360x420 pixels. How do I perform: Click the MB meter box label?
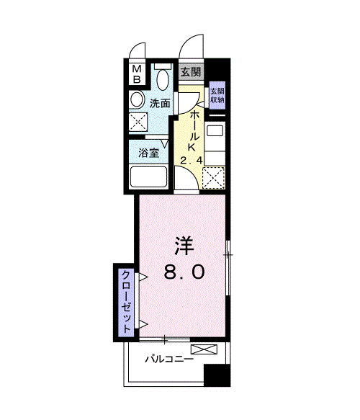(x=137, y=73)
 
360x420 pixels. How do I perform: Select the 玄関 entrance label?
(x=190, y=72)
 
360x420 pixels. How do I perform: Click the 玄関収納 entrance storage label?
(x=217, y=97)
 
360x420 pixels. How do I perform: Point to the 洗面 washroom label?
(x=160, y=103)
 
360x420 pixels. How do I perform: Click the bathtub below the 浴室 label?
(x=148, y=177)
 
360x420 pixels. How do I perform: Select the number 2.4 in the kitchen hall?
(x=190, y=160)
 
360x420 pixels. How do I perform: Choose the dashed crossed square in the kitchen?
(x=214, y=176)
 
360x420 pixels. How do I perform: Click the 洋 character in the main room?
(x=183, y=246)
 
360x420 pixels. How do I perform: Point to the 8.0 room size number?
(x=185, y=272)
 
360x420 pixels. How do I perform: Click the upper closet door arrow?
(x=143, y=277)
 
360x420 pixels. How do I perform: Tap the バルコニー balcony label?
(x=167, y=358)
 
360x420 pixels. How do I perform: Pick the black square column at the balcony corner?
(x=215, y=375)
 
